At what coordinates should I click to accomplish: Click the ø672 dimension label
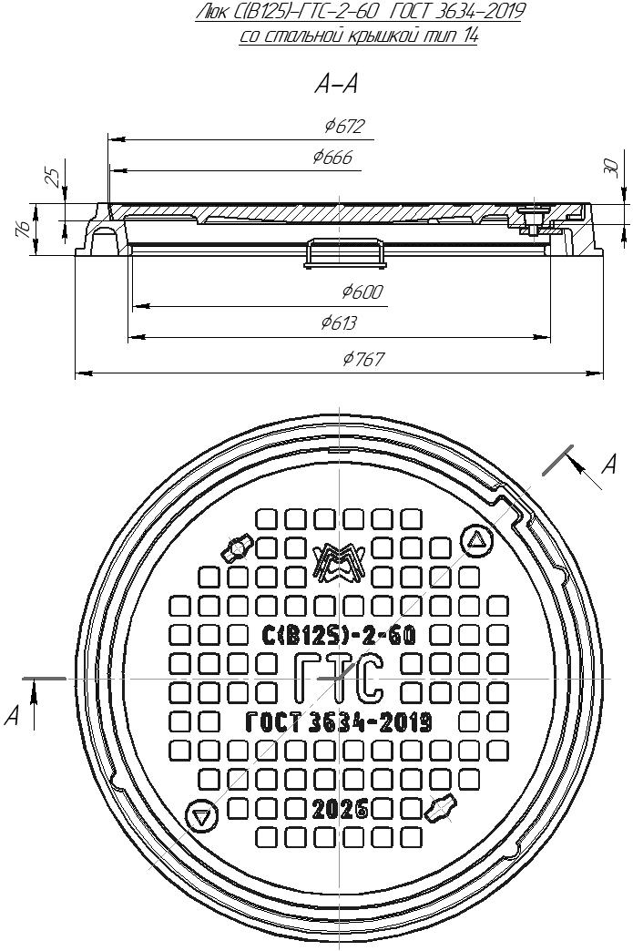[344, 127]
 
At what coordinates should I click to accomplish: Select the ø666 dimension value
[332, 158]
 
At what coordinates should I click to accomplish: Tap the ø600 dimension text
[362, 291]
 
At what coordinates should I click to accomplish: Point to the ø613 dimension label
[339, 322]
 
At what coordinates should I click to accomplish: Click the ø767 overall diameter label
[363, 359]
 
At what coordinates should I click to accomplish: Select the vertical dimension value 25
[54, 177]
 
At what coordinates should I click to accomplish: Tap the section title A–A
[336, 85]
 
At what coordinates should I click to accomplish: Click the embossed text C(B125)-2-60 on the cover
[339, 635]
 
